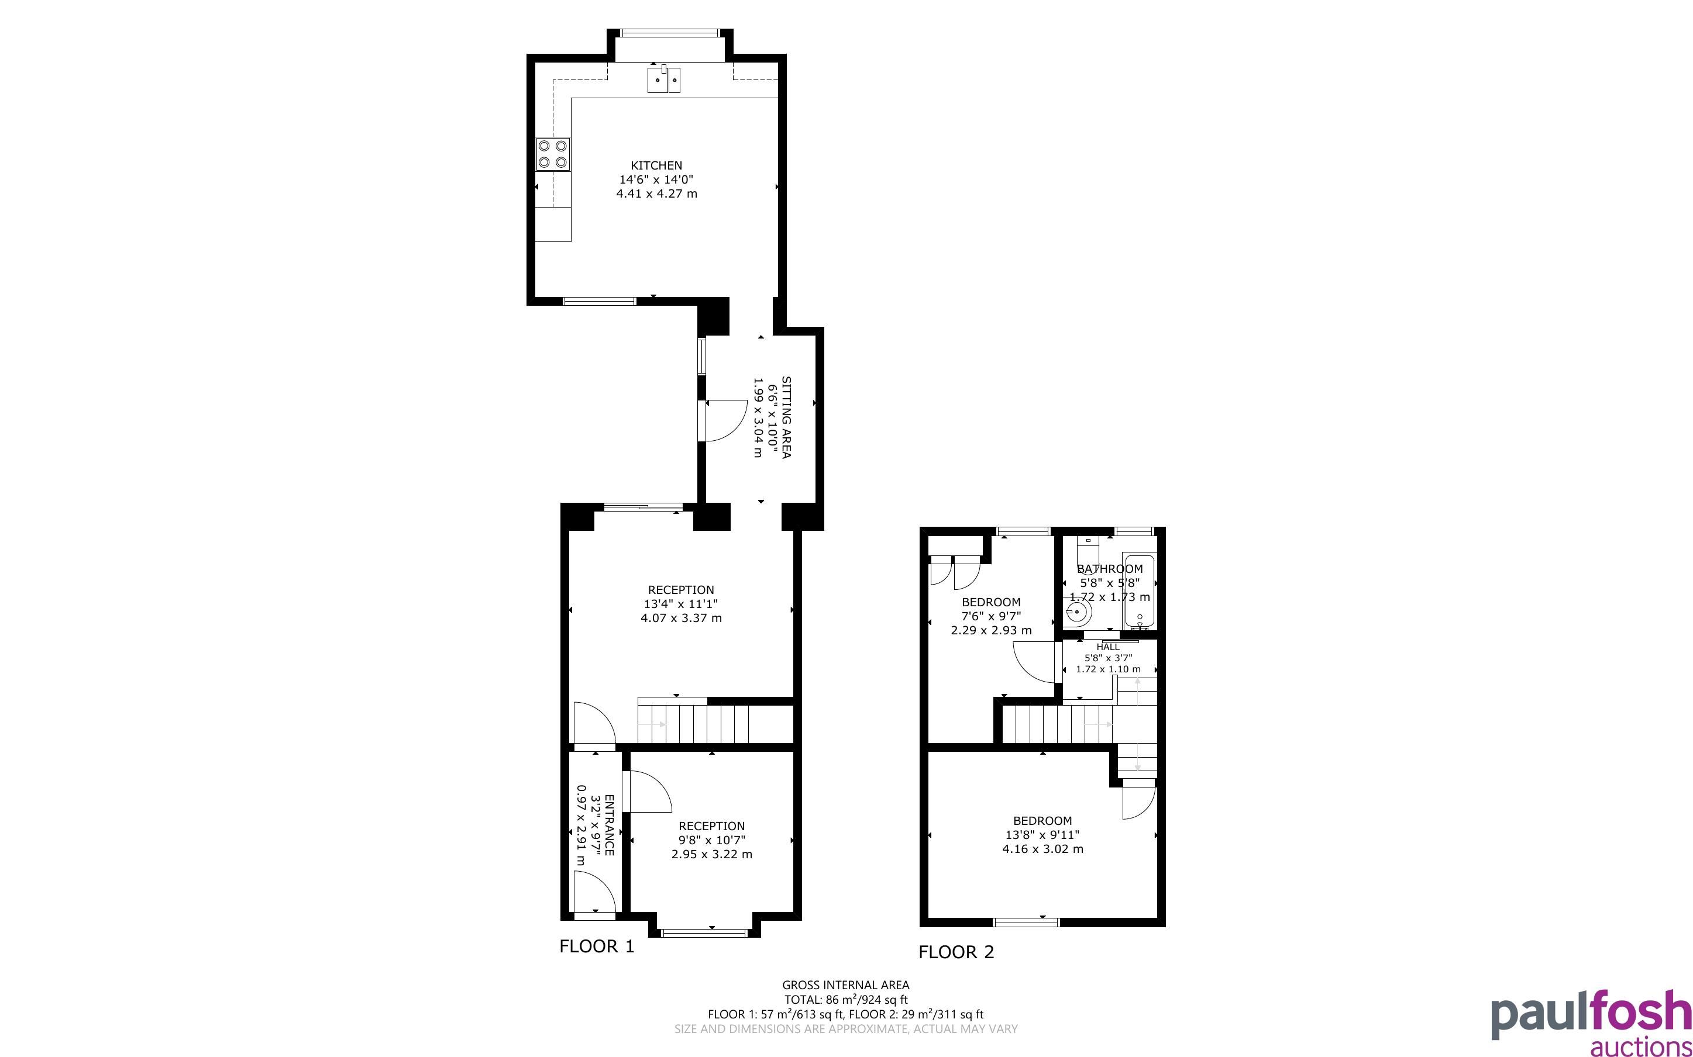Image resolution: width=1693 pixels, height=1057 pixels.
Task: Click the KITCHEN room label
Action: [x=656, y=165]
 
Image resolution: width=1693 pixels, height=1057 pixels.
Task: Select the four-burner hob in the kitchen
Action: [x=552, y=154]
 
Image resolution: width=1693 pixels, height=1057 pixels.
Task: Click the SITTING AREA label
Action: [x=786, y=417]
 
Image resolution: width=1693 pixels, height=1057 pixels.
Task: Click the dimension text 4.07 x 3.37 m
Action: [x=681, y=618]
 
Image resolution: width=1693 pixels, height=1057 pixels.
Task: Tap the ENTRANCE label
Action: [x=609, y=825]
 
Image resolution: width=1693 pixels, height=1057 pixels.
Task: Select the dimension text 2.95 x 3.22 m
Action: [x=712, y=854]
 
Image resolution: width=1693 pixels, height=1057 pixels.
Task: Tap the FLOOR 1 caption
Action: [x=597, y=947]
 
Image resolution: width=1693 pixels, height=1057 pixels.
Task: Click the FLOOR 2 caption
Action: [x=956, y=952]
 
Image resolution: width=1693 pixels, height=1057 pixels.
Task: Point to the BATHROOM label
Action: [x=1110, y=569]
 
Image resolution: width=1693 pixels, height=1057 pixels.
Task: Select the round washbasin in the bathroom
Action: [x=1078, y=613]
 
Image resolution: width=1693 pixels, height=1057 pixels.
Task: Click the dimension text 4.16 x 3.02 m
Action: [x=1042, y=849]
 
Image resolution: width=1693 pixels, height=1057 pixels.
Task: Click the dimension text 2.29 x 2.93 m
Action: [x=991, y=631]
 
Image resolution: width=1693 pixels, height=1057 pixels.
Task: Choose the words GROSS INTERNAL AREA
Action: [x=845, y=986]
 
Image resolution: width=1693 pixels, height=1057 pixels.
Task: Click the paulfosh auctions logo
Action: [x=1591, y=1022]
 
